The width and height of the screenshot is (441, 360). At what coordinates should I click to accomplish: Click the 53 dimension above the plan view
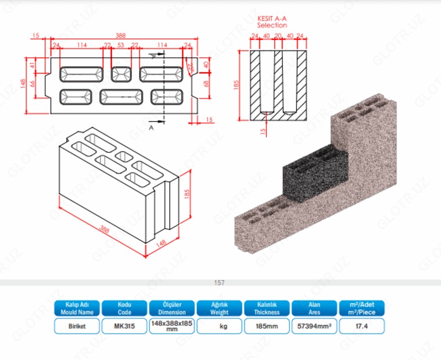pyautogui.click(x=121, y=45)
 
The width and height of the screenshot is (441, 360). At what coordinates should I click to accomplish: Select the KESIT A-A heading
pyautogui.click(x=272, y=18)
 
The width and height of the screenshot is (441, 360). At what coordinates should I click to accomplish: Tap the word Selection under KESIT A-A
pyautogui.click(x=272, y=25)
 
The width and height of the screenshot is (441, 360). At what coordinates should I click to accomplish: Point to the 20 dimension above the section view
pyautogui.click(x=278, y=36)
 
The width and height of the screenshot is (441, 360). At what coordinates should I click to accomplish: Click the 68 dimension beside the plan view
pyautogui.click(x=207, y=84)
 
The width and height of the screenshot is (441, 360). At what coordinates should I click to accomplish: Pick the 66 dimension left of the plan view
pyautogui.click(x=33, y=84)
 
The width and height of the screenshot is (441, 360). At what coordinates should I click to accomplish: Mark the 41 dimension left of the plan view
pyautogui.click(x=33, y=66)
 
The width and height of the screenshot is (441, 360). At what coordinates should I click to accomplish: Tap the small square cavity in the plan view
pyautogui.click(x=120, y=74)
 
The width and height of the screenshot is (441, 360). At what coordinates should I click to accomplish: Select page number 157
pyautogui.click(x=219, y=283)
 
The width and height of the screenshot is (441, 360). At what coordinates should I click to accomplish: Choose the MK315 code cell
pyautogui.click(x=124, y=326)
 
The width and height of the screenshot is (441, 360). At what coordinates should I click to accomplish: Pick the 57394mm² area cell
pyautogui.click(x=314, y=326)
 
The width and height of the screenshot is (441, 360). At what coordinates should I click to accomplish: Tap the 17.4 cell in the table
pyautogui.click(x=362, y=326)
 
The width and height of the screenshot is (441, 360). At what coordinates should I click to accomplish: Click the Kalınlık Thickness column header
pyautogui.click(x=267, y=308)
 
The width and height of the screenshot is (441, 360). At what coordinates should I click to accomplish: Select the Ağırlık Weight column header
pyautogui.click(x=219, y=308)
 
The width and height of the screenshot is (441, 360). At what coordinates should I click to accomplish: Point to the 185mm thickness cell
pyautogui.click(x=267, y=326)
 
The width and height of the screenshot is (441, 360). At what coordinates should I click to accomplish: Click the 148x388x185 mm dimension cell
pyautogui.click(x=171, y=326)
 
